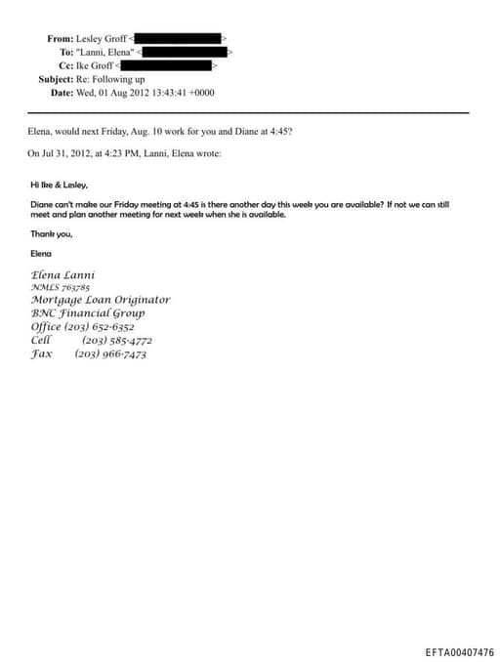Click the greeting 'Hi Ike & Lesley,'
click(59, 184)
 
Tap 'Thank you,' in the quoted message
click(51, 233)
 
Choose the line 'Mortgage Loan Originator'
click(100, 300)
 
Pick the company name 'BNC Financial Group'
click(88, 313)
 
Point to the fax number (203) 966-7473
click(110, 354)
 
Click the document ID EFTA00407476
click(459, 652)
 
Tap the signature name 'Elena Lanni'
click(62, 274)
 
